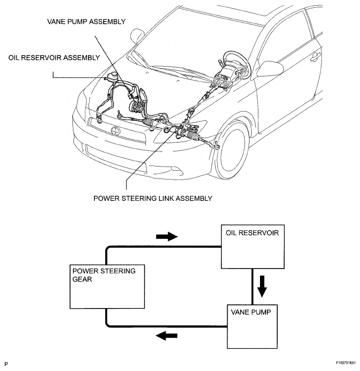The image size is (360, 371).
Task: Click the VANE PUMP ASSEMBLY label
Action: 86,21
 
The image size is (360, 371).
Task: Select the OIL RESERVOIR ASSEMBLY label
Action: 54,58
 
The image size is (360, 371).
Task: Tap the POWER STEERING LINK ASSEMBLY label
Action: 153,198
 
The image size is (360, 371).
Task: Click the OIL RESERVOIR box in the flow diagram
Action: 253,247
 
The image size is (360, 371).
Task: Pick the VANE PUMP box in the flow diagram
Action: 252,327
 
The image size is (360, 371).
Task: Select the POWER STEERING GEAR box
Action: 107,287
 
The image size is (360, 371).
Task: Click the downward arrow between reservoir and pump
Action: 262,286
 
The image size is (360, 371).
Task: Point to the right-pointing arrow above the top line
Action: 167,236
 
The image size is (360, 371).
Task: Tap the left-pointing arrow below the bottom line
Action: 167,336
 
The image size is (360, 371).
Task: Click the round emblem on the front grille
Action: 116,130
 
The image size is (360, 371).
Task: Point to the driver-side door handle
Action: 315,57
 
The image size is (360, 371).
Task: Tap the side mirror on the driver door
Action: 270,69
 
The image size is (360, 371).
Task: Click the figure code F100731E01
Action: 346,363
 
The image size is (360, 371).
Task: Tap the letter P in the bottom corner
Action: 6,364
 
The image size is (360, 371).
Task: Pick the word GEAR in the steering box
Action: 82,279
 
